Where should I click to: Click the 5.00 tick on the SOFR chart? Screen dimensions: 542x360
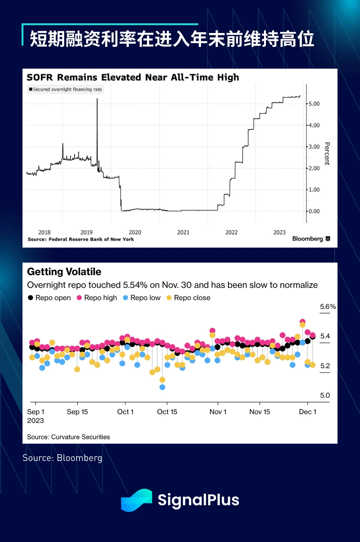[x=314, y=104]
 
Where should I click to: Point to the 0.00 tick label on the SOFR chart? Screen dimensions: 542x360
[x=314, y=212]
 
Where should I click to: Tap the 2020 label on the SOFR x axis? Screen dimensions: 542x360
[x=135, y=233]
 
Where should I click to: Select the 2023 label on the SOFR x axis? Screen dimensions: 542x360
[x=279, y=233]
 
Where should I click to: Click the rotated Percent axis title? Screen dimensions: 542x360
[x=327, y=154]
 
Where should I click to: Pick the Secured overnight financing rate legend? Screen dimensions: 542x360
[x=65, y=89]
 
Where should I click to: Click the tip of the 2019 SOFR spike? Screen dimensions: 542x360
[x=97, y=99]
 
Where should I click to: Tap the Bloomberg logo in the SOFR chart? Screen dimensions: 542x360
[x=311, y=239]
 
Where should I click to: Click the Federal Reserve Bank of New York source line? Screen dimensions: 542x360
[x=81, y=239]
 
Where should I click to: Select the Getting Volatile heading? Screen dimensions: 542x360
[x=64, y=272]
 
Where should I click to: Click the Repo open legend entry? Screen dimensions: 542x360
[x=49, y=298]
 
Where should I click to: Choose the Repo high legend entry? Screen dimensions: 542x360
[x=97, y=298]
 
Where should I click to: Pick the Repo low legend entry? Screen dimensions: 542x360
[x=142, y=298]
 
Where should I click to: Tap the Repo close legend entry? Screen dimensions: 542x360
[x=188, y=298]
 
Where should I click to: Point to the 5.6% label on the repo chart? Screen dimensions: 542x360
[x=328, y=307]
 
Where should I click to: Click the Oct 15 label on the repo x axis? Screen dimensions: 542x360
[x=167, y=412]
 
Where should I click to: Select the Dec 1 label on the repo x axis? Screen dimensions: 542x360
[x=307, y=412]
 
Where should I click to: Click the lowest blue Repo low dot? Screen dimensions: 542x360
[x=162, y=387]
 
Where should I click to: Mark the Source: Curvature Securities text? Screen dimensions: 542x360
[x=69, y=437]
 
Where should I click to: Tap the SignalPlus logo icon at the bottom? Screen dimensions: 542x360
[x=136, y=500]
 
